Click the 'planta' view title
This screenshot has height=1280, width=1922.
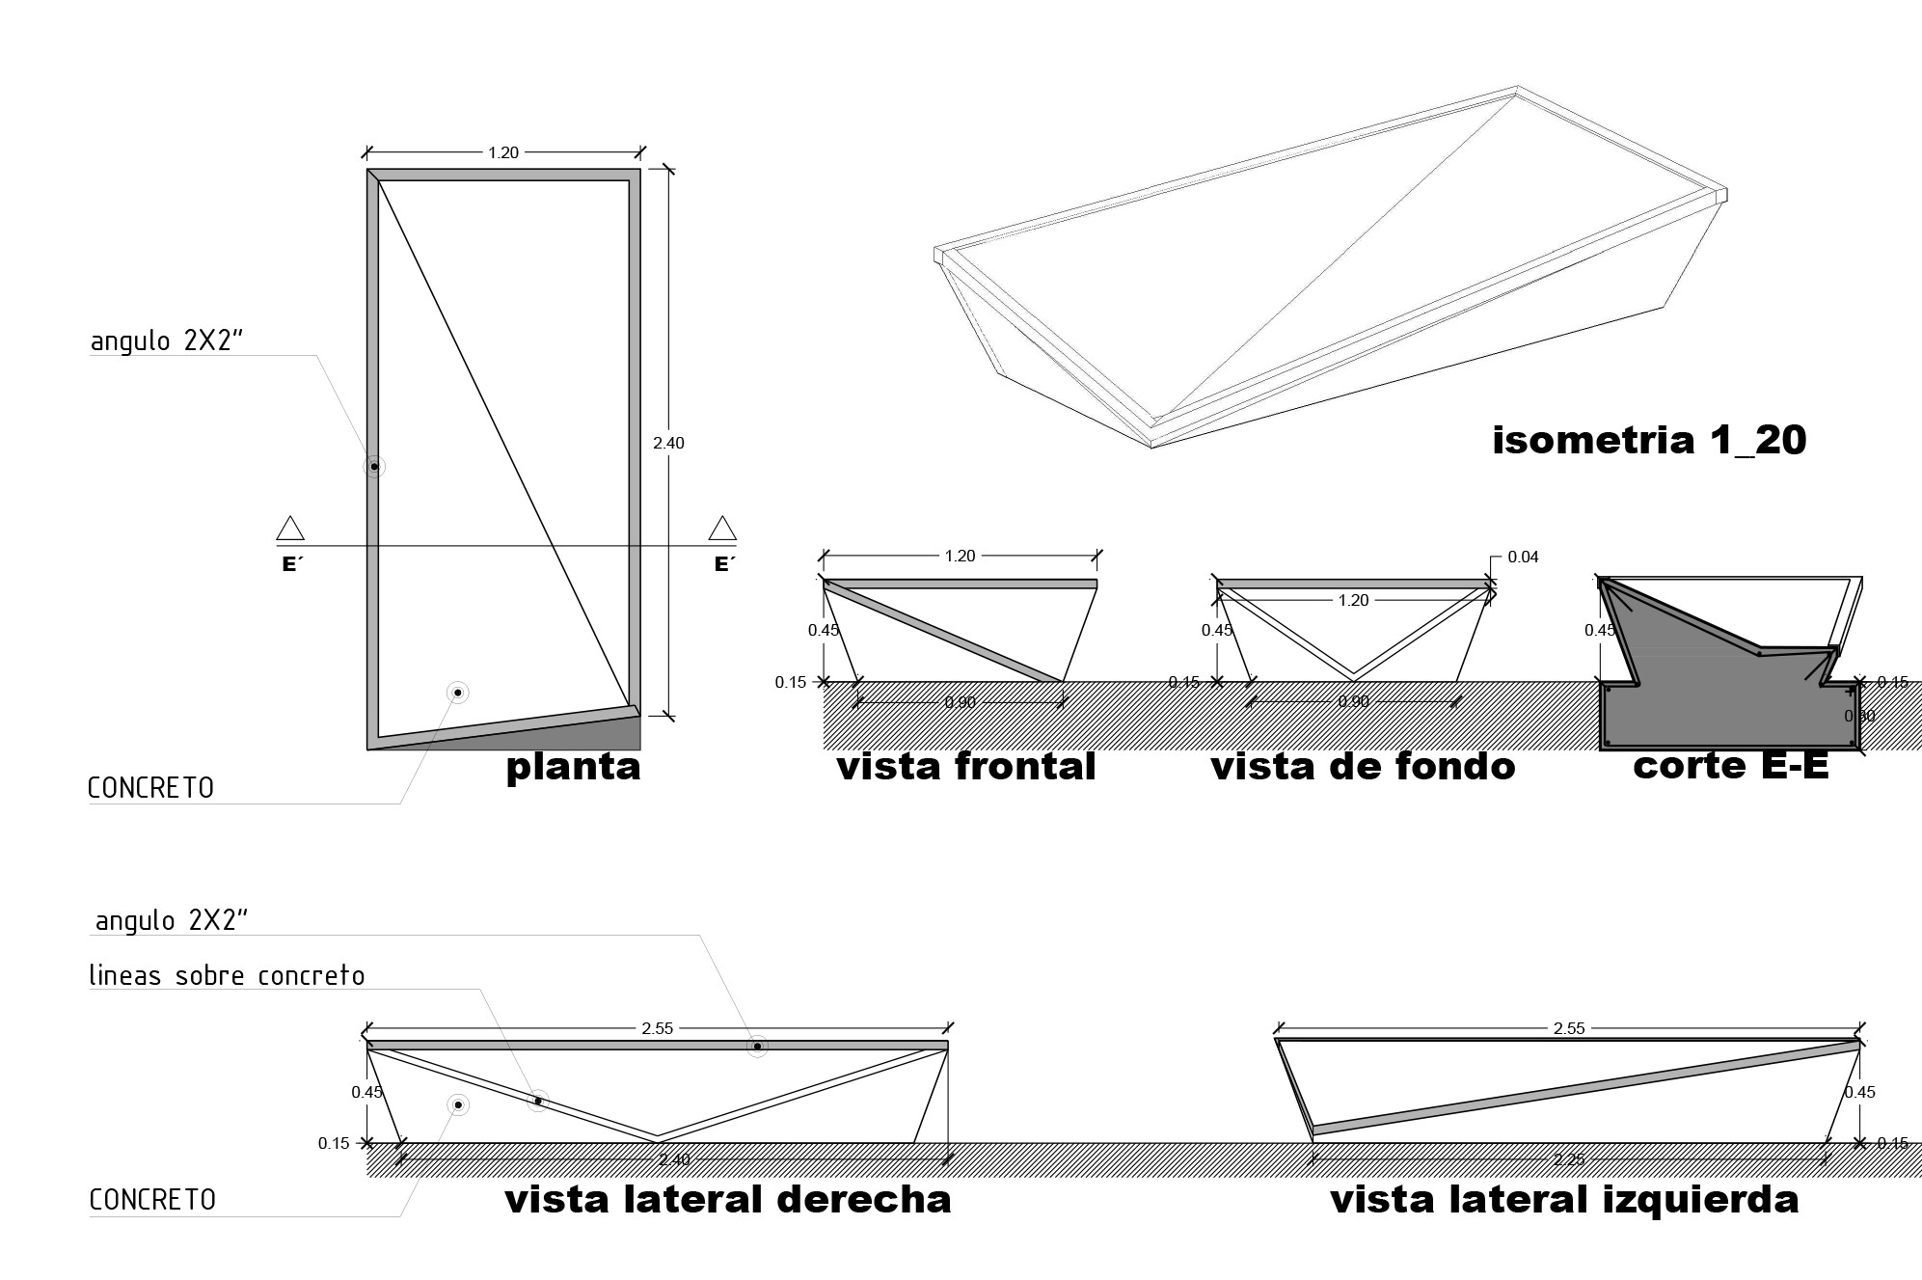tap(573, 767)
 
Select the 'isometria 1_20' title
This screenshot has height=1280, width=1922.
tap(1648, 440)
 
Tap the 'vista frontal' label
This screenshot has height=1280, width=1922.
tap(965, 767)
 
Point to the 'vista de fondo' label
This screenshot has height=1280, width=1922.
tap(1363, 767)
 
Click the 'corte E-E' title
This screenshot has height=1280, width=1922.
tap(1730, 765)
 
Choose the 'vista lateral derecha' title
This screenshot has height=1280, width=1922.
tap(728, 1200)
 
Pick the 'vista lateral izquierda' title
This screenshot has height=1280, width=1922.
tap(1564, 1200)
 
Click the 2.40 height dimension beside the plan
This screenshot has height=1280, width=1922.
tap(668, 443)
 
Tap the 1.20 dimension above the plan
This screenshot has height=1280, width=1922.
tap(503, 152)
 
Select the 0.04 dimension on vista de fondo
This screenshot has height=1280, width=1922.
tap(1523, 557)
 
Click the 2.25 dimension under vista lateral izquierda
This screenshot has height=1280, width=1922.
tap(1569, 1159)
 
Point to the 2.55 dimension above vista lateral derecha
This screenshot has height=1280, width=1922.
tap(657, 1028)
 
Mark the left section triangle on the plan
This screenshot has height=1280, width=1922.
tap(290, 529)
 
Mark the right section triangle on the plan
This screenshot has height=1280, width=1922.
tap(722, 529)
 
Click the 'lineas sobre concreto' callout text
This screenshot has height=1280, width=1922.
tap(228, 976)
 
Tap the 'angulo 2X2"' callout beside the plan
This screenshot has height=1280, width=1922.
tap(165, 341)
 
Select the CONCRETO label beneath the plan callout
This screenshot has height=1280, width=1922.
tap(151, 788)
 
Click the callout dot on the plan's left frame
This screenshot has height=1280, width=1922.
tap(374, 467)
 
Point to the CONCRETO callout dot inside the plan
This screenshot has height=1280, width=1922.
tap(458, 693)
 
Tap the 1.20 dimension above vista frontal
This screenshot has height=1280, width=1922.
tap(960, 556)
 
